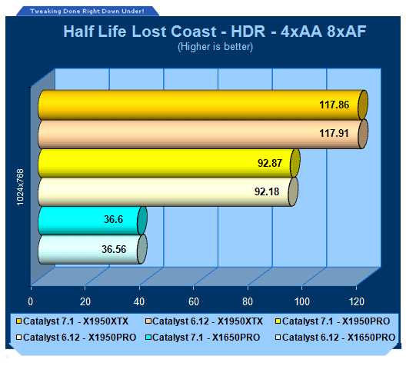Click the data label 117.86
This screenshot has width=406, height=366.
tap(334, 105)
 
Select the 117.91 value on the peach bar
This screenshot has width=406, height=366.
tap(334, 133)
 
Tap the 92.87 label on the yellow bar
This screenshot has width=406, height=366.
tap(270, 163)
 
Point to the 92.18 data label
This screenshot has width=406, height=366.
tap(267, 191)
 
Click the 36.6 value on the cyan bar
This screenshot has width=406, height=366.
tap(113, 219)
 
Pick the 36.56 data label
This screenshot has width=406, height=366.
tap(114, 249)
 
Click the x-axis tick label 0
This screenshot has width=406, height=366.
tap(31, 301)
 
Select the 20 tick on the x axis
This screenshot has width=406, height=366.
tap(85, 301)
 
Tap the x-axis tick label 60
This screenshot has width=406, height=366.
tap(194, 301)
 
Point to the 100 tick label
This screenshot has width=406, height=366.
tap(302, 301)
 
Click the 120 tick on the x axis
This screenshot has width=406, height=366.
tap(357, 301)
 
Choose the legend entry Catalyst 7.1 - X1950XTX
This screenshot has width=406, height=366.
tap(72, 321)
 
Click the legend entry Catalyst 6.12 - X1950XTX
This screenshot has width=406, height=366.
tap(204, 321)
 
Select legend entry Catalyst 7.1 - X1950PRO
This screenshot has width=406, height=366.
tap(333, 321)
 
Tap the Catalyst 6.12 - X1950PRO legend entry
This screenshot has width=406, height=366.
tap(76, 338)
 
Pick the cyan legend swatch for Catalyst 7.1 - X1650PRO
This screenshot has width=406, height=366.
tap(148, 338)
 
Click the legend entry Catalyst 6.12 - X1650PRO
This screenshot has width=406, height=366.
tap(335, 338)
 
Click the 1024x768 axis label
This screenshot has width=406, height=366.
tap(20, 187)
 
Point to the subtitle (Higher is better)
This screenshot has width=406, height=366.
tap(215, 47)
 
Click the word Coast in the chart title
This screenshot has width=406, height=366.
tap(194, 32)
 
